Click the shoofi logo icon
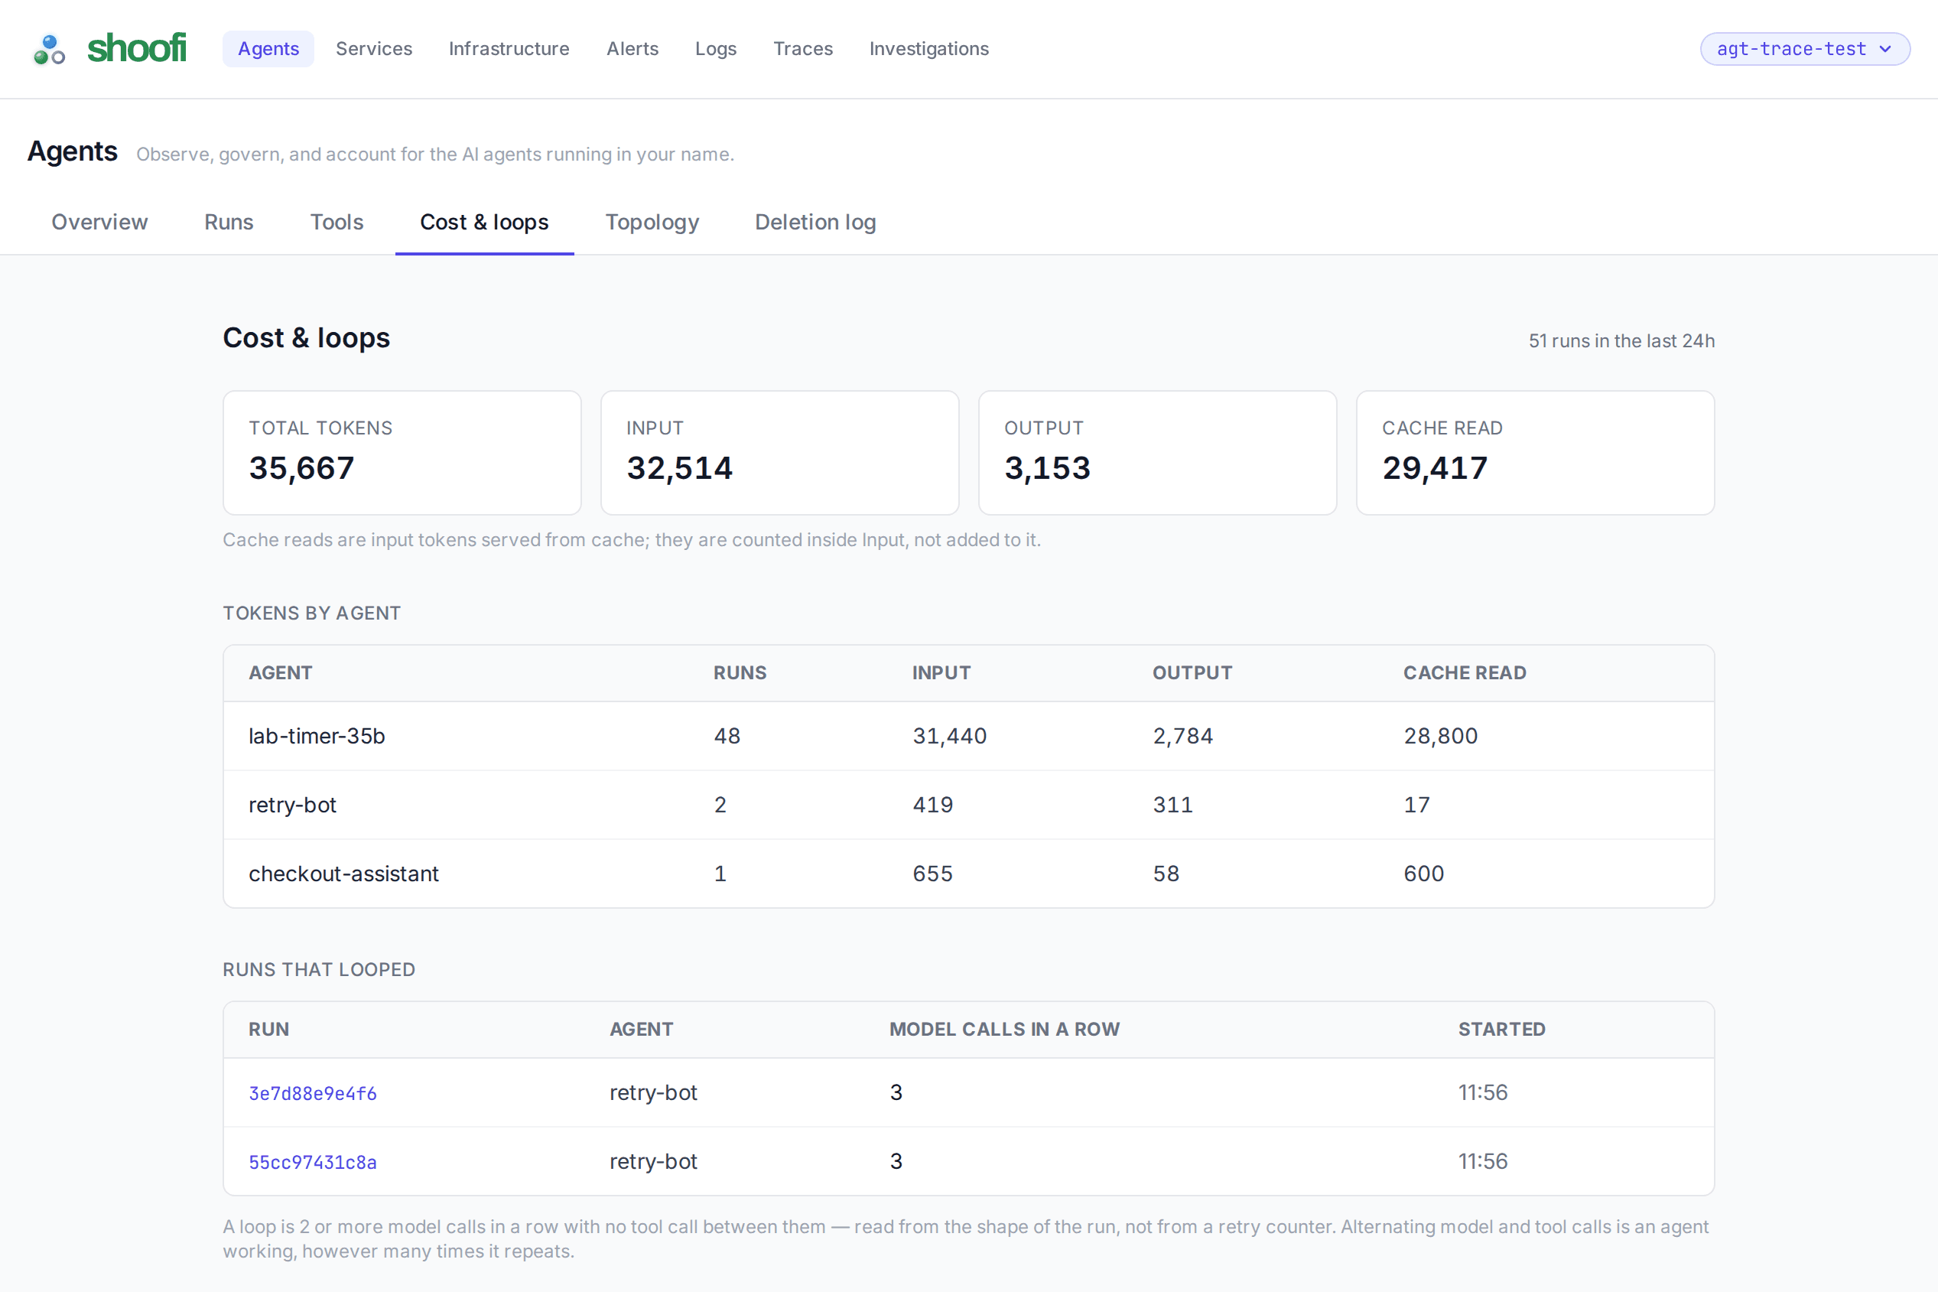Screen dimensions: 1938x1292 (50, 50)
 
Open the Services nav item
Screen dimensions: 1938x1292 (374, 49)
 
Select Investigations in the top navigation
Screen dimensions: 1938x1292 (929, 49)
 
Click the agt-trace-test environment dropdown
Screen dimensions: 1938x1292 (1805, 49)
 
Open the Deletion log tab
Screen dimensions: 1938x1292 (815, 222)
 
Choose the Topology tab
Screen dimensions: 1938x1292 (652, 222)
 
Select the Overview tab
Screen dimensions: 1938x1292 (99, 222)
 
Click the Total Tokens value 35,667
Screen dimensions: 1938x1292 (301, 468)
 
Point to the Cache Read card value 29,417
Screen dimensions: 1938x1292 (1435, 468)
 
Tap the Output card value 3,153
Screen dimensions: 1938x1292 (1047, 468)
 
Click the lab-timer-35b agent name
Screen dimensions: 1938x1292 (317, 736)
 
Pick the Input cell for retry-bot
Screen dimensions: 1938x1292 (932, 804)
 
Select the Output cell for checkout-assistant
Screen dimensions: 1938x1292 (1166, 874)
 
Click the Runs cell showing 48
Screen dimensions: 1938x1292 (727, 736)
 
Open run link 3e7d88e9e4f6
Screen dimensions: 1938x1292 (313, 1093)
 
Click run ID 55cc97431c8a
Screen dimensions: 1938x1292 (313, 1162)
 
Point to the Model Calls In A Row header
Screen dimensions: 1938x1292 (1004, 1029)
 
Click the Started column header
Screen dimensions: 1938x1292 (1501, 1029)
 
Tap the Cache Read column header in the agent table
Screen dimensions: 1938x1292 (1465, 672)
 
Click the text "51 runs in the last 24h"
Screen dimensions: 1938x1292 (1621, 340)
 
